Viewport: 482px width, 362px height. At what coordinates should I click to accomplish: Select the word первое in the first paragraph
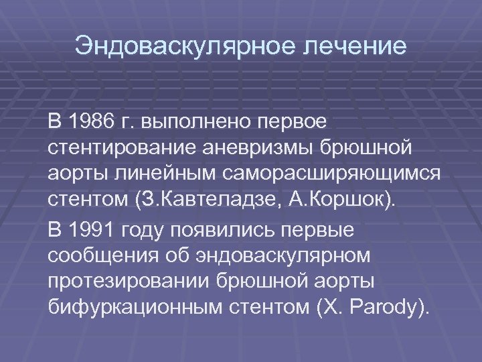point(293,123)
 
